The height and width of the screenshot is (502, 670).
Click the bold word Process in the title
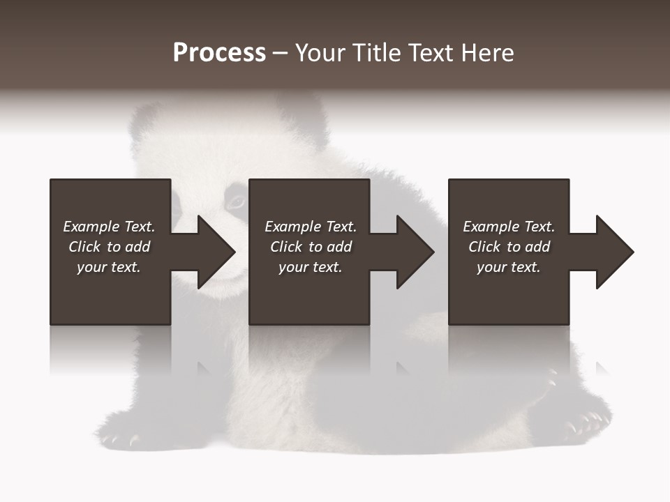(x=219, y=53)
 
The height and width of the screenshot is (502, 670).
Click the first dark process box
(x=110, y=293)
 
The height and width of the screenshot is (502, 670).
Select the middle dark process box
(x=309, y=293)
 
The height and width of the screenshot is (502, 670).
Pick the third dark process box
(x=508, y=293)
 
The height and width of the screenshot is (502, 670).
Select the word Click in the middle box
(x=287, y=247)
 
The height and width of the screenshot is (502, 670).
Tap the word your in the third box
(x=492, y=267)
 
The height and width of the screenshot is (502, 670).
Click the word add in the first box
(x=138, y=247)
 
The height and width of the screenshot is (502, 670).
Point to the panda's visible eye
(x=236, y=202)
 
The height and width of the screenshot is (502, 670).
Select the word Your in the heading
(x=320, y=53)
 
